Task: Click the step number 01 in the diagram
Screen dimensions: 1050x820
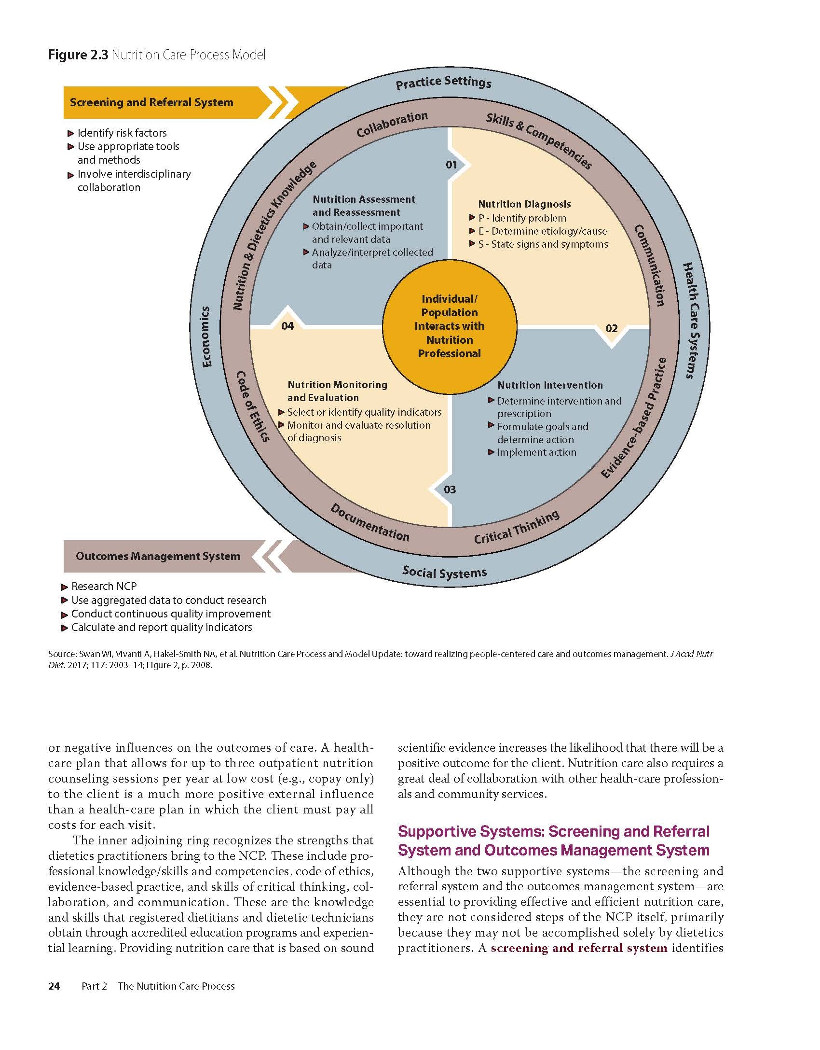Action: click(x=451, y=165)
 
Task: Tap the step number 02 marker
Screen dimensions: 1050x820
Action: click(x=611, y=329)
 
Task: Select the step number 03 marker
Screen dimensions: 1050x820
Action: click(x=450, y=490)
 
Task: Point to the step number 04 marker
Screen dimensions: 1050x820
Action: click(x=287, y=326)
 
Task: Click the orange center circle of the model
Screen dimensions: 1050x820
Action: click(x=450, y=326)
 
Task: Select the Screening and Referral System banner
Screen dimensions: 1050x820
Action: click(x=151, y=102)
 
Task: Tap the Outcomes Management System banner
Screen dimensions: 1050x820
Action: click(x=158, y=556)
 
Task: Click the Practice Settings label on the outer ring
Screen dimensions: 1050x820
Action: click(x=443, y=83)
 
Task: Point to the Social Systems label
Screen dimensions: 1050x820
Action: click(x=444, y=573)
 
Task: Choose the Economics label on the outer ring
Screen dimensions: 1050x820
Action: click(x=206, y=336)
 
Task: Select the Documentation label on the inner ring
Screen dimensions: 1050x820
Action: click(x=369, y=523)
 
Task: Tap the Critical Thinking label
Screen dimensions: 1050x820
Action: click(x=517, y=527)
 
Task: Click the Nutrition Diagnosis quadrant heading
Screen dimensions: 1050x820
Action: click(x=524, y=204)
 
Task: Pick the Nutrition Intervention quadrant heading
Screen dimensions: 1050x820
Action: click(x=550, y=385)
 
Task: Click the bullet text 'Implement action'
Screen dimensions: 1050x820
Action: click(x=536, y=452)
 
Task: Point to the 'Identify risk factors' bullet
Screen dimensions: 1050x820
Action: click(x=122, y=133)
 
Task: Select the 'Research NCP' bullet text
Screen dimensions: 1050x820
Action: click(x=104, y=587)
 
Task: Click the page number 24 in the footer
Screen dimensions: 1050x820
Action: click(x=54, y=986)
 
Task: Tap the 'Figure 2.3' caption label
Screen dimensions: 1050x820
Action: click(x=78, y=55)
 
